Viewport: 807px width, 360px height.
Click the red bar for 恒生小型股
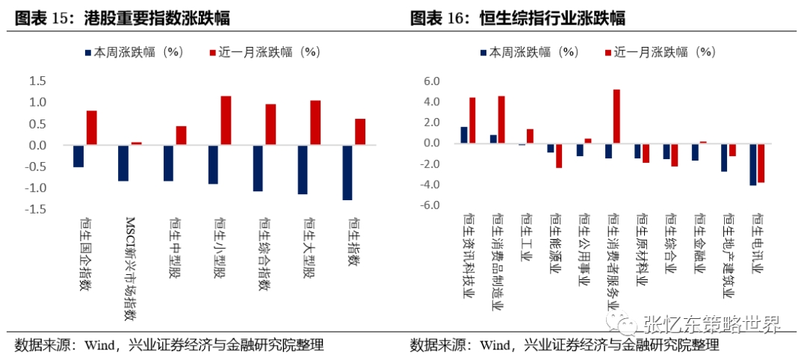pyautogui.click(x=226, y=120)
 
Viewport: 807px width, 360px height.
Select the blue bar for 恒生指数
pyautogui.click(x=347, y=173)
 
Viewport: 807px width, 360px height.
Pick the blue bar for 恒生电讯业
pyautogui.click(x=753, y=164)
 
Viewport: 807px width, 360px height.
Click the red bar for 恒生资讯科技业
pyautogui.click(x=472, y=120)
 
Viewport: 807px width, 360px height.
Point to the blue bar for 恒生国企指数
pyautogui.click(x=78, y=156)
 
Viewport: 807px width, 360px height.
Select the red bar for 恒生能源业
pyautogui.click(x=558, y=155)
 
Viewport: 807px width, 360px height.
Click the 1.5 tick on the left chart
pyautogui.click(x=36, y=81)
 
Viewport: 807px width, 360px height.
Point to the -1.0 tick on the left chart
pyautogui.click(x=34, y=188)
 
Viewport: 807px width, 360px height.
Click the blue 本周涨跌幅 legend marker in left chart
pyautogui.click(x=86, y=52)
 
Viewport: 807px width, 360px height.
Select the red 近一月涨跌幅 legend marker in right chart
pyautogui.click(x=607, y=52)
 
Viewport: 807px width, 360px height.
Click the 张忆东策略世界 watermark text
pyautogui.click(x=710, y=324)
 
